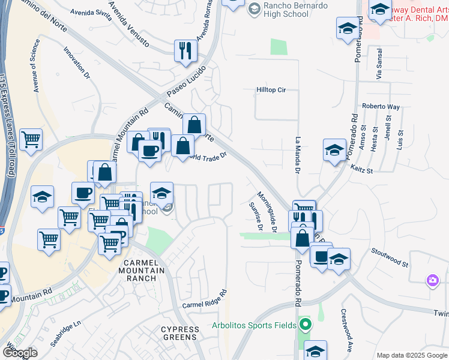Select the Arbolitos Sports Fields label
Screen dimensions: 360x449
click(x=254, y=326)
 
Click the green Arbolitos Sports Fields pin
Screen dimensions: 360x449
click(x=306, y=326)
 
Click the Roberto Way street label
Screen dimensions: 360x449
click(x=381, y=107)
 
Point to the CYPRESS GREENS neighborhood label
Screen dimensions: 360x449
click(x=180, y=334)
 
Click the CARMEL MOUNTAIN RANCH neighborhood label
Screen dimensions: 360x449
click(x=143, y=271)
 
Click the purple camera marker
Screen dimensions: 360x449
click(x=432, y=280)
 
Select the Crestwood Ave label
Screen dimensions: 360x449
click(x=345, y=330)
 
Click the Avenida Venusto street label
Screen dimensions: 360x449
click(x=129, y=25)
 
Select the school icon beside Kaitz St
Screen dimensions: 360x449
click(x=334, y=151)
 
